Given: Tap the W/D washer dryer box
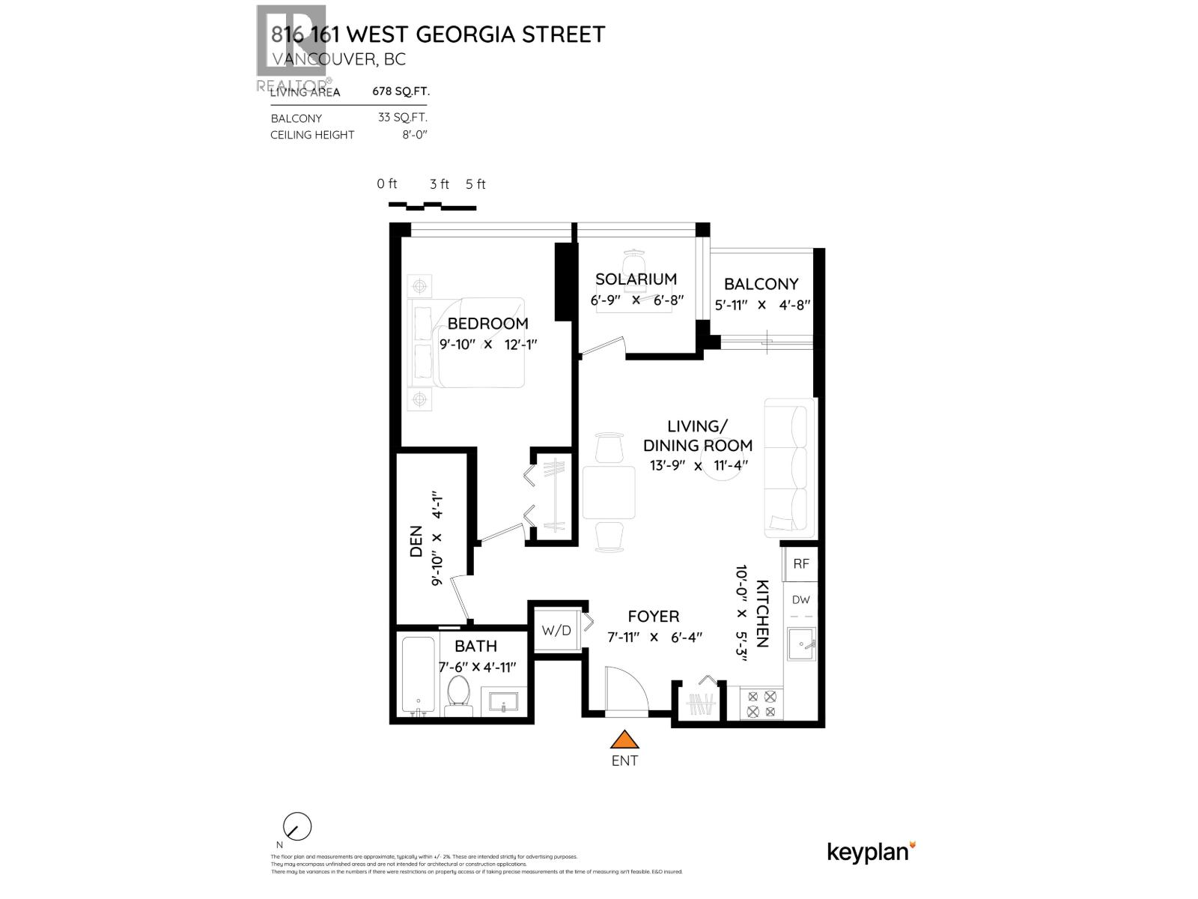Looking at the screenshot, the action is pyautogui.click(x=556, y=630).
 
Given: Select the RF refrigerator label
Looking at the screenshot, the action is pyautogui.click(x=801, y=563).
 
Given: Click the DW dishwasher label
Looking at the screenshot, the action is pyautogui.click(x=801, y=599).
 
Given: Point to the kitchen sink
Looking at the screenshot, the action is pyautogui.click(x=803, y=644).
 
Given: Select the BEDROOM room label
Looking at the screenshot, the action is pyautogui.click(x=487, y=324).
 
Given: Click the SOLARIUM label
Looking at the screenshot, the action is pyautogui.click(x=636, y=279).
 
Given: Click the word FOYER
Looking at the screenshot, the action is pyautogui.click(x=654, y=617).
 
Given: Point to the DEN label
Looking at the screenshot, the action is pyautogui.click(x=416, y=540).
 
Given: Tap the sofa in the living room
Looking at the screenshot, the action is pyautogui.click(x=790, y=468).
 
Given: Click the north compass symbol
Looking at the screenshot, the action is pyautogui.click(x=298, y=828).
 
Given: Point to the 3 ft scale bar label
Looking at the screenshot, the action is pyautogui.click(x=440, y=184).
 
